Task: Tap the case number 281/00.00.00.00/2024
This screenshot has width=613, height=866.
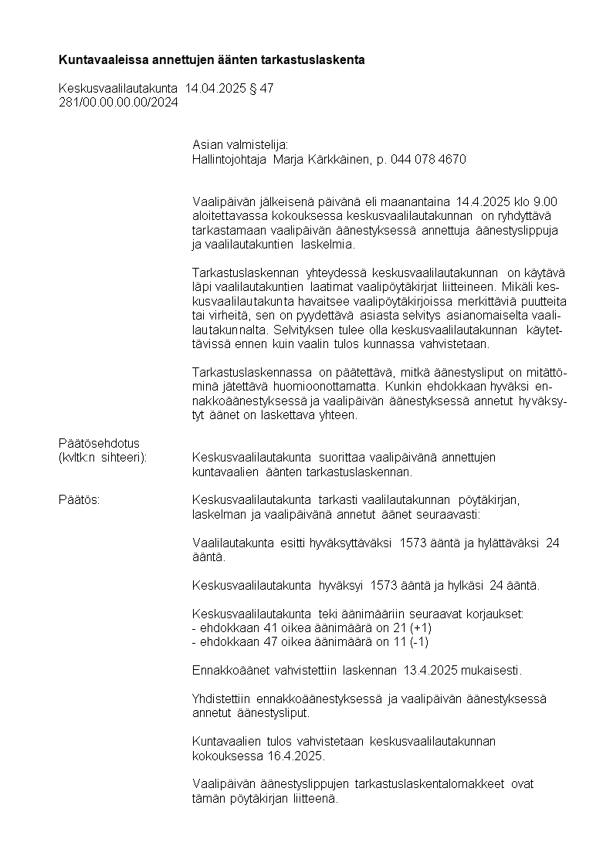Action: click(x=118, y=103)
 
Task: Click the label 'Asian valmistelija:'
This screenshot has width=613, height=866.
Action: click(x=240, y=144)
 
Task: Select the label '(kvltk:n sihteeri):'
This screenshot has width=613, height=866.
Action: click(x=103, y=457)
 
